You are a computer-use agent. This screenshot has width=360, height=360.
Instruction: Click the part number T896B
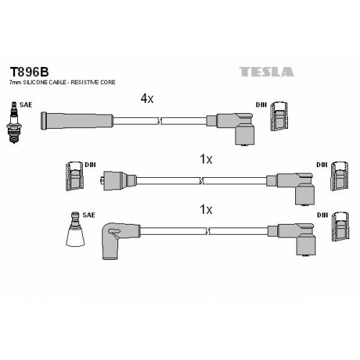tap(29, 71)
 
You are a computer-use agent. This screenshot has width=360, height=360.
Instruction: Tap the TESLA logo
tap(266, 72)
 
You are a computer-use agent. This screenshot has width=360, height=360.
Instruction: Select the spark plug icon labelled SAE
tap(14, 122)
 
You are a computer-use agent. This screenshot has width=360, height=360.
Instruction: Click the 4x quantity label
tap(147, 99)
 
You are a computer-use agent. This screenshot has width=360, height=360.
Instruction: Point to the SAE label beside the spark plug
tap(26, 105)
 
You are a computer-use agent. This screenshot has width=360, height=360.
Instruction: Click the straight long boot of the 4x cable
tap(76, 120)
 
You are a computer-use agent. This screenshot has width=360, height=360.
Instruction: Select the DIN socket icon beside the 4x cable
tap(279, 117)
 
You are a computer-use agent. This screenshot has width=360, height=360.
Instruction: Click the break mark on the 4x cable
tap(160, 121)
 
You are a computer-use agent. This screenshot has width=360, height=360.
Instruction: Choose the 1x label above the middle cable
tap(206, 159)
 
